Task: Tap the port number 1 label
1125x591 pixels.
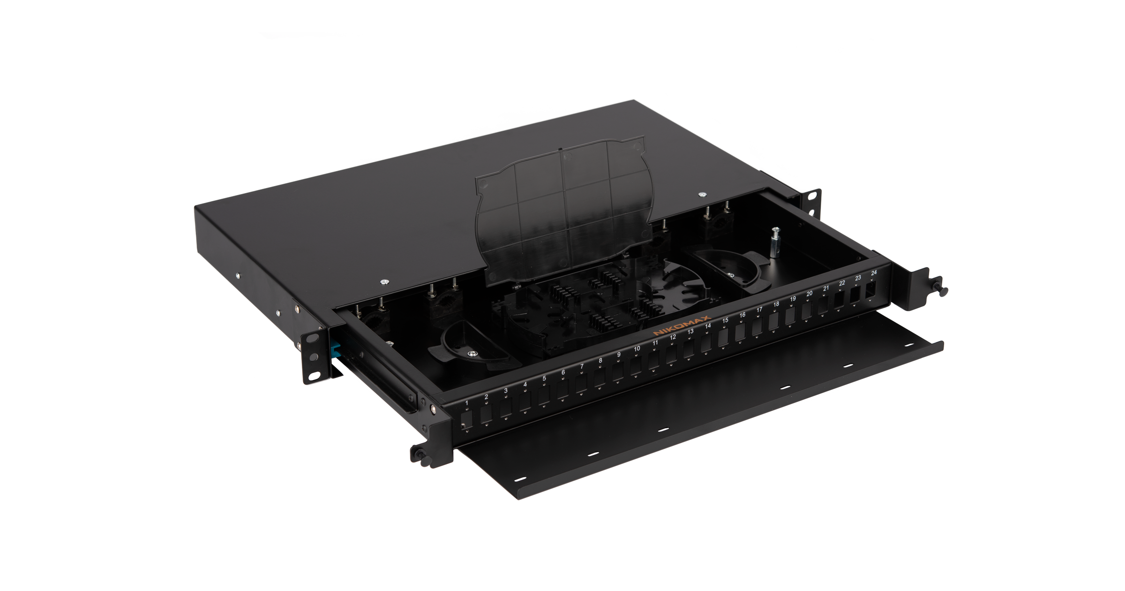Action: [x=467, y=403]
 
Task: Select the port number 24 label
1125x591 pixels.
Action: [x=874, y=273]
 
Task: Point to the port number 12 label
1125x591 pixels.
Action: [x=673, y=337]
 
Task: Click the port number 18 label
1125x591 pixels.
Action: [x=776, y=304]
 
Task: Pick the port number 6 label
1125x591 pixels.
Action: [x=563, y=372]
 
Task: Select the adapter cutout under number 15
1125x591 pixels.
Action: [x=725, y=337]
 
